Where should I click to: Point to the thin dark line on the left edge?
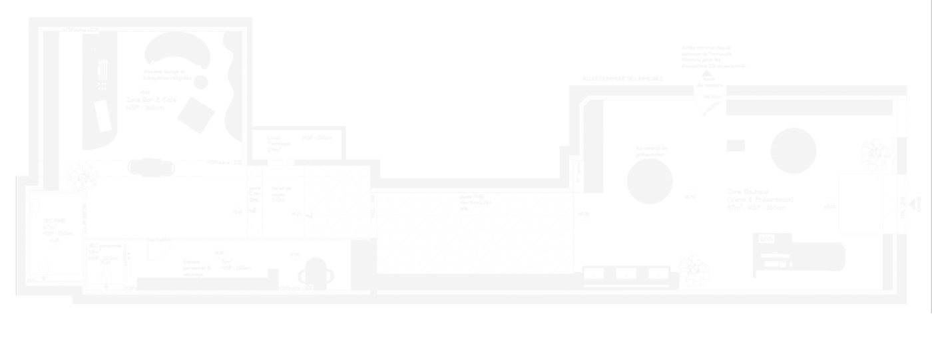[15, 233]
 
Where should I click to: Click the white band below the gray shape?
[466, 336]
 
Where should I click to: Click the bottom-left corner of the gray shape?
[17, 311]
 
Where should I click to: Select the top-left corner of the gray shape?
[17, 2]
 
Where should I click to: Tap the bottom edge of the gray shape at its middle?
[466, 312]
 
